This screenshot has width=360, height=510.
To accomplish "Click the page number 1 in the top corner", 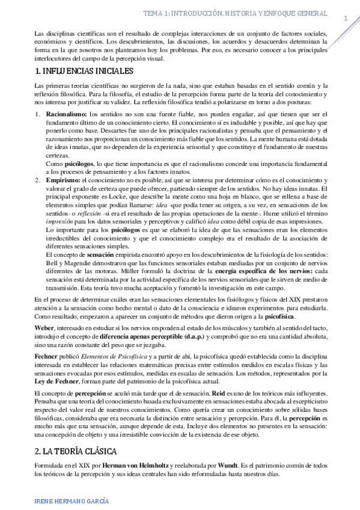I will click(x=346, y=19).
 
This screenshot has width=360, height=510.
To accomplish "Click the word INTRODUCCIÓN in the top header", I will click(x=207, y=13).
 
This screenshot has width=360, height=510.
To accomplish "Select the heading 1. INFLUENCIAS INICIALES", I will click(x=81, y=72).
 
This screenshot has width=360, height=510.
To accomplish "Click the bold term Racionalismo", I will click(x=67, y=114).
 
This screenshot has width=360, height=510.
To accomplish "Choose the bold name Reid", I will click(x=219, y=393).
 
